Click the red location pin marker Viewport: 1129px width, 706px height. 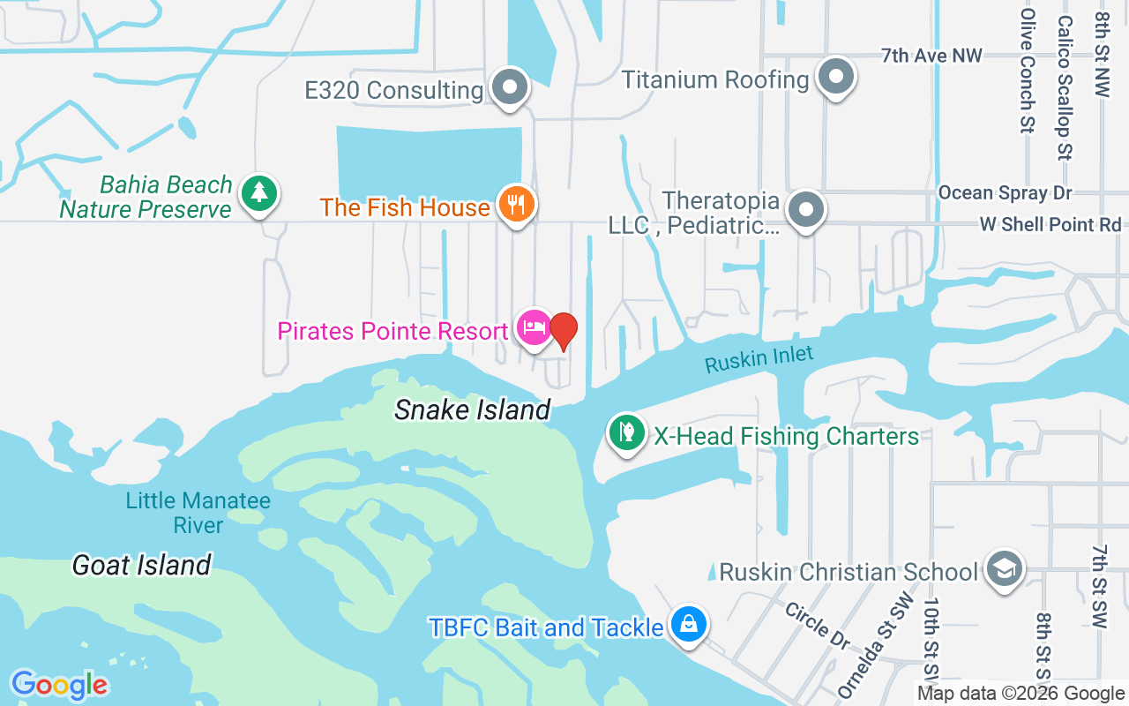(564, 331)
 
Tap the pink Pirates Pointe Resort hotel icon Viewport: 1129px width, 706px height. (534, 328)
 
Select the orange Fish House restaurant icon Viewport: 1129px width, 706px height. (516, 204)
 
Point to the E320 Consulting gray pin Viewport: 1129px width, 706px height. (509, 87)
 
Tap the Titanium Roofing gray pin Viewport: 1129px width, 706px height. (835, 77)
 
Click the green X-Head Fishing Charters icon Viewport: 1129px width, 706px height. (626, 433)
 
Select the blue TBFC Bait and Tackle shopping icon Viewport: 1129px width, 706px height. (688, 624)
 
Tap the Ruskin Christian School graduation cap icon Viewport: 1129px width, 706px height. (1004, 569)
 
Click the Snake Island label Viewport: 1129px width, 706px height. (472, 410)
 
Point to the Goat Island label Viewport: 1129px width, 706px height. (141, 565)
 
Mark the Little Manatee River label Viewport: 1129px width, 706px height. (198, 513)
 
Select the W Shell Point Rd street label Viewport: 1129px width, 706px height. (1050, 225)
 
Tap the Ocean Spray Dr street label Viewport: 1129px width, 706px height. (1005, 192)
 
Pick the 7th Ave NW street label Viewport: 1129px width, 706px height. (931, 56)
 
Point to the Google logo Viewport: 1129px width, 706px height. (59, 685)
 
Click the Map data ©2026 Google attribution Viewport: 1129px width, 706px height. (1021, 694)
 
